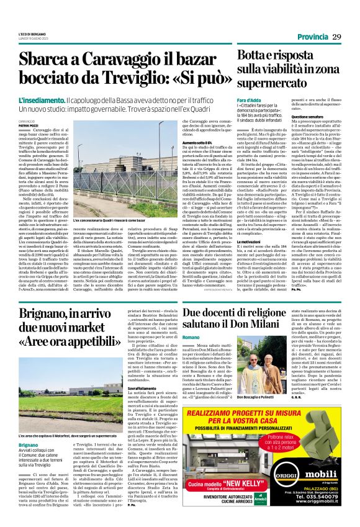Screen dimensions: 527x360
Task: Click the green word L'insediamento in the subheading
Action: [x=41, y=100]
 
